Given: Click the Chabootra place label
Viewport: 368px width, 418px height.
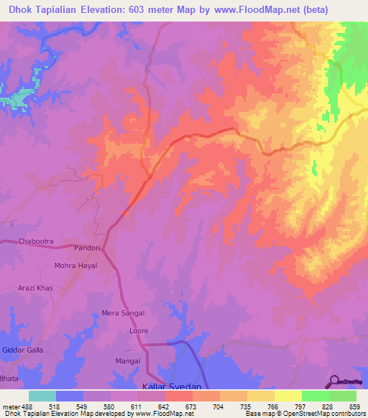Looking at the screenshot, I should coord(36,241).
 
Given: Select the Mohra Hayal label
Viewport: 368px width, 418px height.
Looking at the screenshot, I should coord(75,266).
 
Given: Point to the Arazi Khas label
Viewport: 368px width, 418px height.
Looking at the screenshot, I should coord(36,288).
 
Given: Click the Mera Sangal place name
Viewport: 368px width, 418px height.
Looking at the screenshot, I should coord(123,313).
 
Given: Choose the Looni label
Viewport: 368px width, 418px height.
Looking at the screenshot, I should coord(138,330).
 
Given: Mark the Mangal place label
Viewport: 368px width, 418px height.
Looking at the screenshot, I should coord(127,361).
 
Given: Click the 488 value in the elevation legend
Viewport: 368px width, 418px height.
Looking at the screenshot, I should coord(27,406).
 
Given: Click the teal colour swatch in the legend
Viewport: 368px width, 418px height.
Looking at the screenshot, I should coord(42,396).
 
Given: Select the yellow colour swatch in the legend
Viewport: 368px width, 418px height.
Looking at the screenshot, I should coord(288,396).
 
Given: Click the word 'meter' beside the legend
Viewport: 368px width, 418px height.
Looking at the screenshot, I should coord(11,406).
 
